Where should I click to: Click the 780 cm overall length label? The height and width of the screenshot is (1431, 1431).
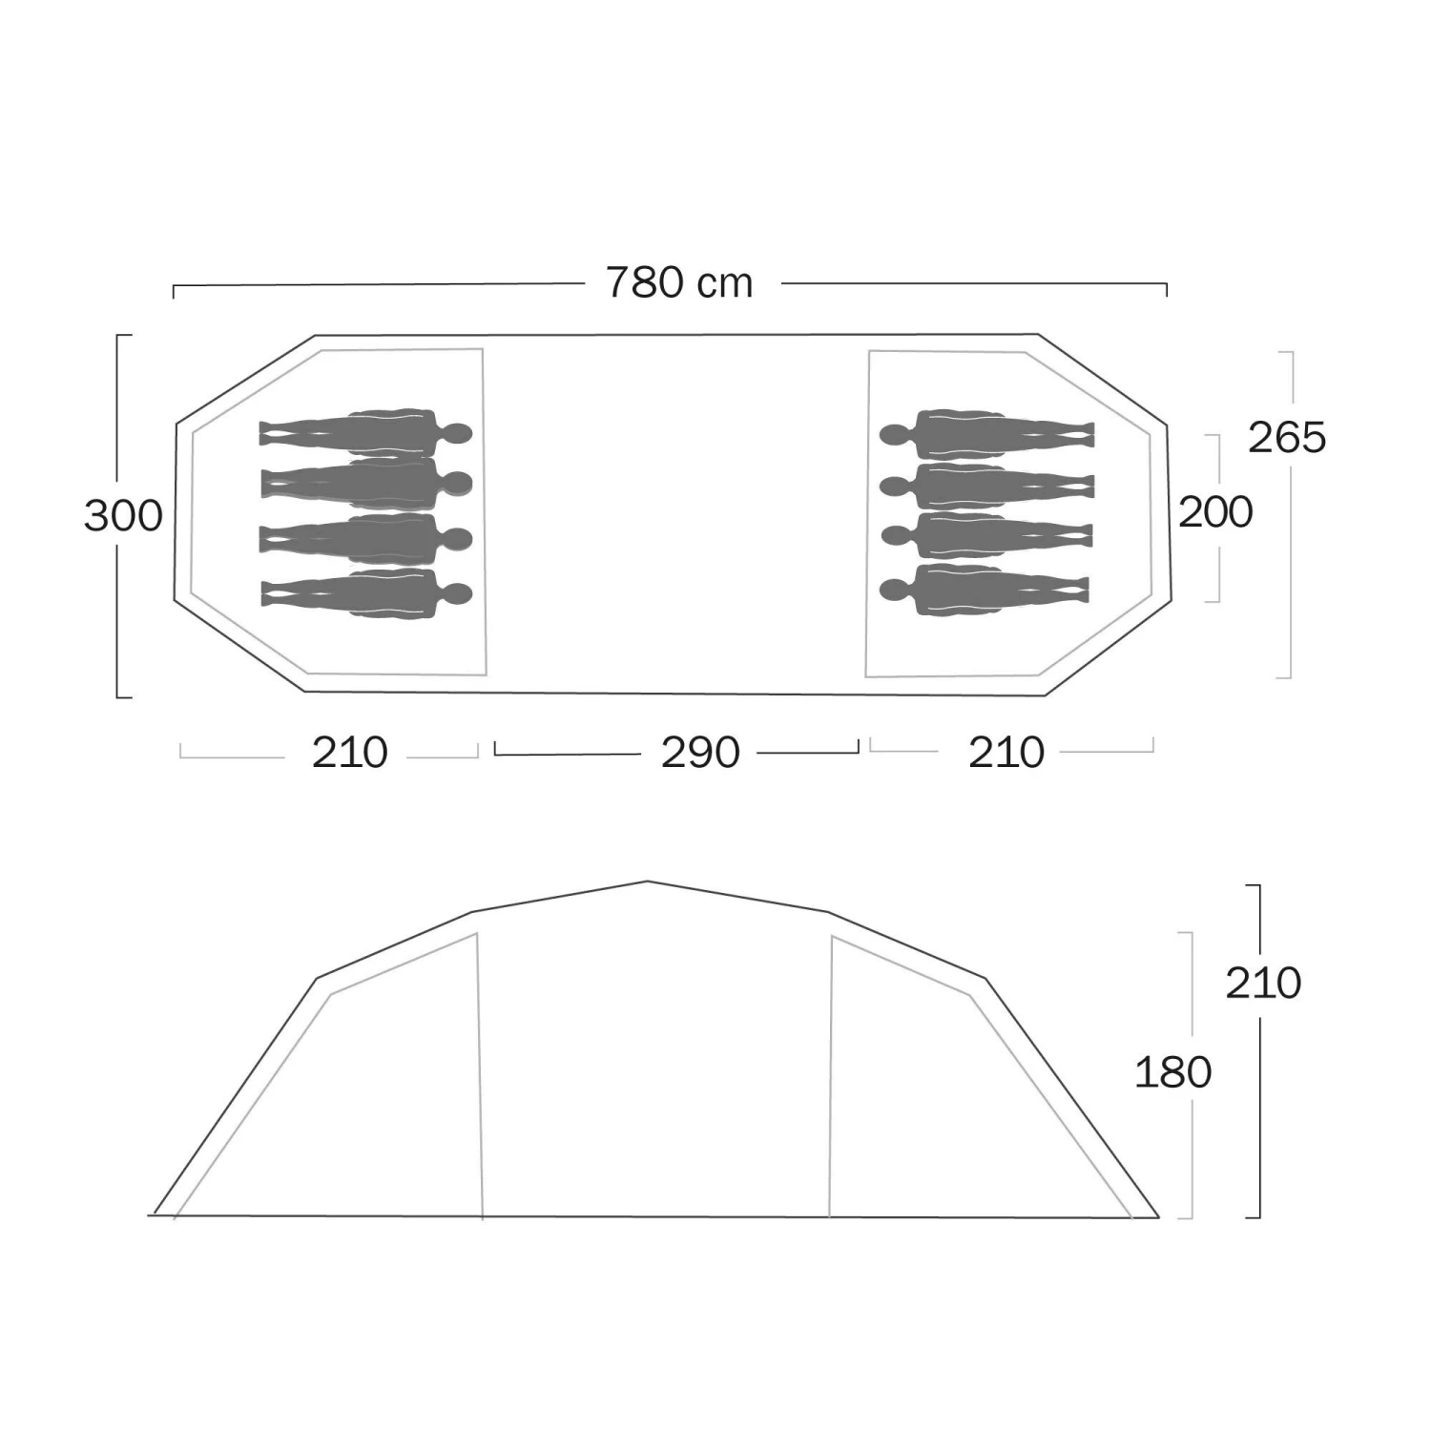point(679,282)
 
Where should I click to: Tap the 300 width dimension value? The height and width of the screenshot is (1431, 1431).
point(123,516)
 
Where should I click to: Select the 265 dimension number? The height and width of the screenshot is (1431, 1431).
point(1287,438)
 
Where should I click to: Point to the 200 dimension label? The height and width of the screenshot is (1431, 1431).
point(1215,512)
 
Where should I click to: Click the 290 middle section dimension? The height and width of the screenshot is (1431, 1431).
point(700,753)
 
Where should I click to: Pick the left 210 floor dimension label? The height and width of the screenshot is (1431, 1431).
point(349,753)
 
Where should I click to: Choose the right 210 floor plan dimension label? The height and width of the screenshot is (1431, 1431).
point(1006,753)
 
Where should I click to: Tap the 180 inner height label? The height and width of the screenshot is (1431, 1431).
point(1172,1073)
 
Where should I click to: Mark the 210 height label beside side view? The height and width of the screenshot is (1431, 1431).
point(1263,983)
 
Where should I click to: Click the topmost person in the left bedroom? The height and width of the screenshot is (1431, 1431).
point(366,432)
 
